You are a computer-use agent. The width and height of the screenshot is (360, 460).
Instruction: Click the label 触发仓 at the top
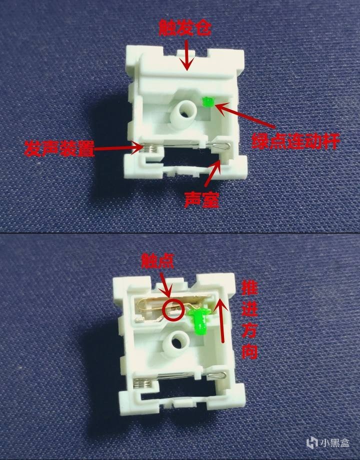click(x=185, y=28)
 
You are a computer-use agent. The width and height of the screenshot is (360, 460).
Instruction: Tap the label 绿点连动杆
click(x=295, y=141)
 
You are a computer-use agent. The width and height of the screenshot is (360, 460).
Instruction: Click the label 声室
click(x=201, y=199)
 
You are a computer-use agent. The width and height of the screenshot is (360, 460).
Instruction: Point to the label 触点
click(x=157, y=261)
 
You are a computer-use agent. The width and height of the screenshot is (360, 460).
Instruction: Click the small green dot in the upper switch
click(x=208, y=102)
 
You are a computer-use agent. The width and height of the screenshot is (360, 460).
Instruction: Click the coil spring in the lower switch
click(x=142, y=382)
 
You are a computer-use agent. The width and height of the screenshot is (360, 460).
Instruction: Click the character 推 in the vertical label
click(x=249, y=288)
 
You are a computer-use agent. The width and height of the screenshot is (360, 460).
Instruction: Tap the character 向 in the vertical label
click(x=249, y=350)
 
